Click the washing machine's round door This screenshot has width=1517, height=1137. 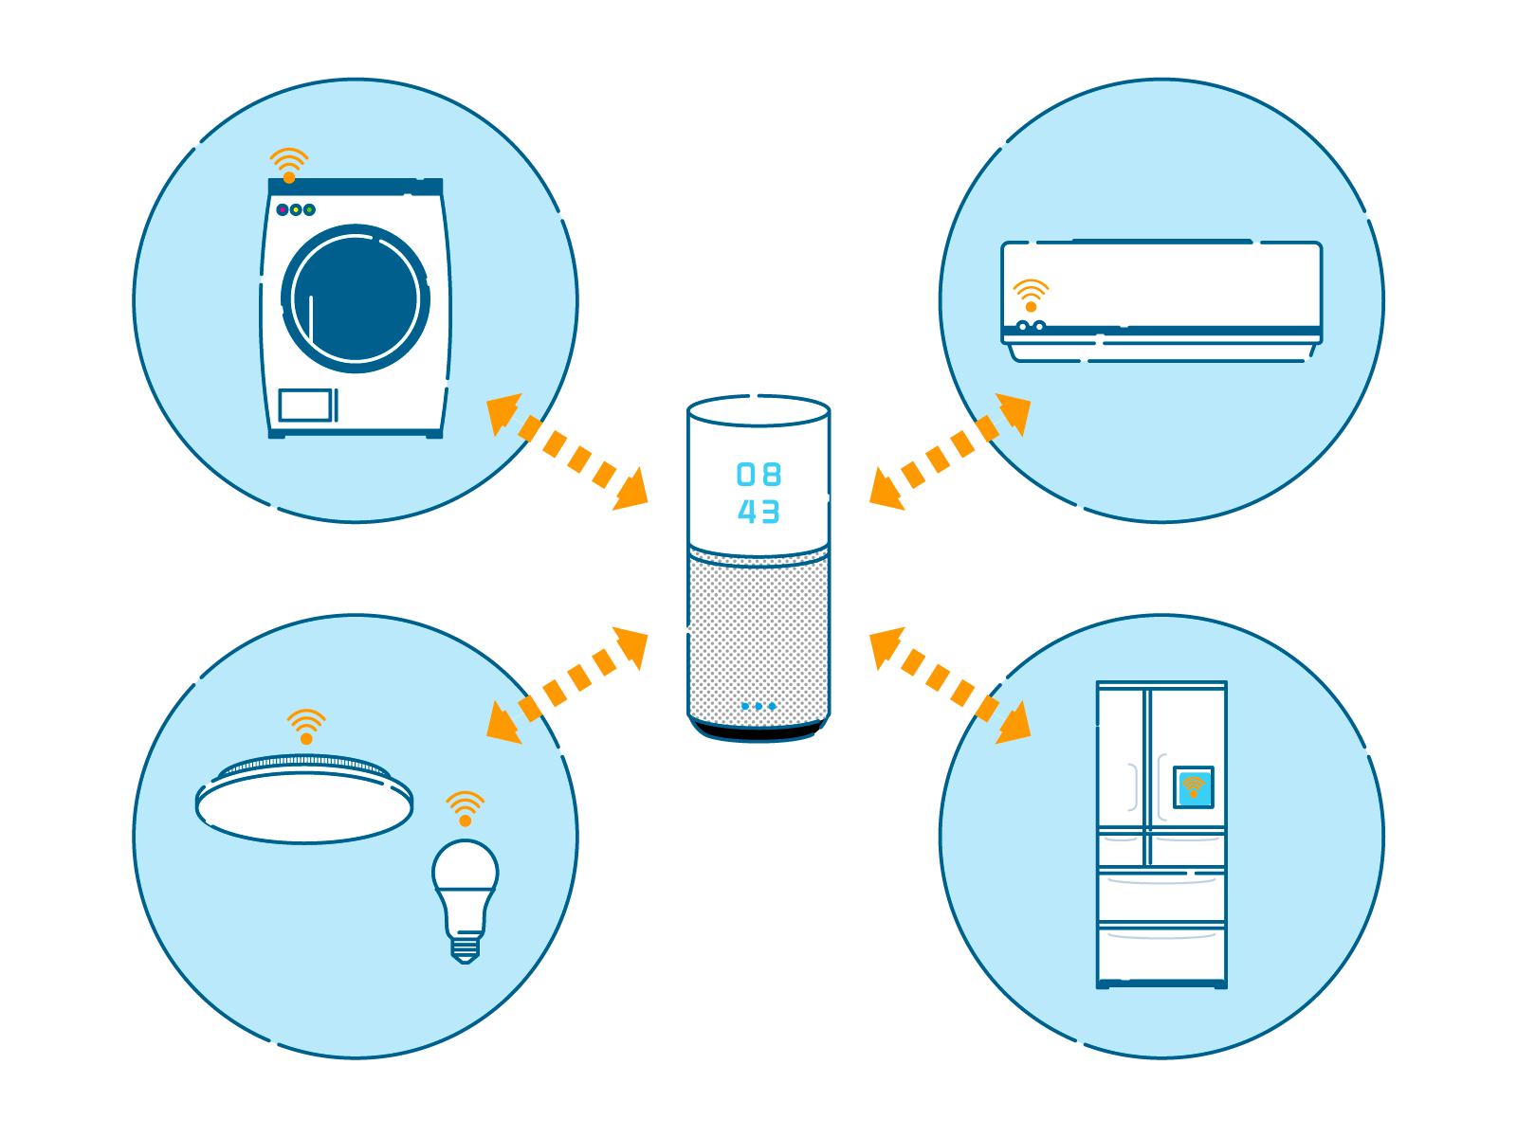(356, 298)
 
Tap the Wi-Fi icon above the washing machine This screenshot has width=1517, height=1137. (289, 165)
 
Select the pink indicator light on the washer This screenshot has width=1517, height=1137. (282, 209)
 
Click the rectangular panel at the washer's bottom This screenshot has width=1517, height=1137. (305, 406)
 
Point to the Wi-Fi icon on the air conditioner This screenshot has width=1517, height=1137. (1031, 296)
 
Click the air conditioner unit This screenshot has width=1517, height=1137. (1161, 301)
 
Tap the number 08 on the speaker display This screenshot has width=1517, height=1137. (758, 475)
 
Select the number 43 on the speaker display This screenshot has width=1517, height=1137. (758, 512)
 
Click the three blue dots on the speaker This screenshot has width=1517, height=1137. (758, 706)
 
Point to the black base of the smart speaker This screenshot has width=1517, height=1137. (758, 731)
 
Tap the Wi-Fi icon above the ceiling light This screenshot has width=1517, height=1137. (306, 726)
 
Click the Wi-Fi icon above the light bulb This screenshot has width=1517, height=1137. (466, 808)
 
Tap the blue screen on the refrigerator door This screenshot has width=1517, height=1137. (1193, 787)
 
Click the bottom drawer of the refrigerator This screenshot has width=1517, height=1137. (1161, 953)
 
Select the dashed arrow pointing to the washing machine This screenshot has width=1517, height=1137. (567, 452)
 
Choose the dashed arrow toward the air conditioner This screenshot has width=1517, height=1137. (950, 452)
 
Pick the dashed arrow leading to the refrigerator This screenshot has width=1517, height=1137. (950, 685)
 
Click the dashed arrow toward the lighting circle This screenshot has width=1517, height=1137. (567, 685)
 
